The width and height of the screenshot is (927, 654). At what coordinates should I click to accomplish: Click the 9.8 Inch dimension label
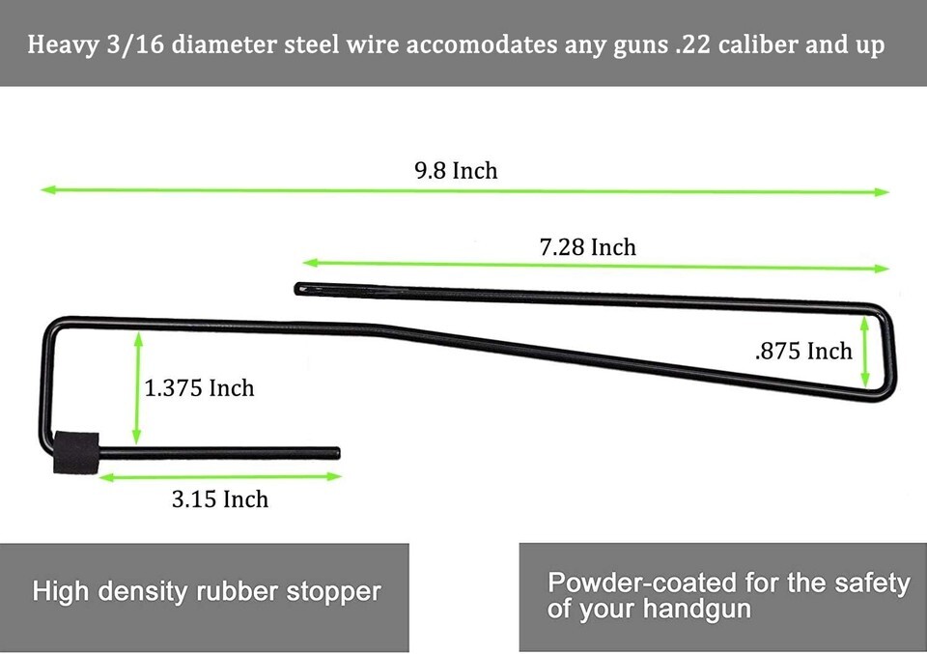(456, 171)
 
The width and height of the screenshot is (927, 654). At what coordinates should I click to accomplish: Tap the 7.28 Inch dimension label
(587, 247)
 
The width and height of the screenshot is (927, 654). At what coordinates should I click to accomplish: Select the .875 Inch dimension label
(802, 351)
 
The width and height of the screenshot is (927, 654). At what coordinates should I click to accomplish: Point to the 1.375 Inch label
(199, 388)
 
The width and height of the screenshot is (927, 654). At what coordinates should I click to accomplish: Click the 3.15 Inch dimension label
(220, 499)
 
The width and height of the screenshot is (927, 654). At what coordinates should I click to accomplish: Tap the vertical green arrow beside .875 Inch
(865, 352)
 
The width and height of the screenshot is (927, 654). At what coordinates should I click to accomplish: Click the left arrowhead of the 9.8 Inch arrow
(45, 190)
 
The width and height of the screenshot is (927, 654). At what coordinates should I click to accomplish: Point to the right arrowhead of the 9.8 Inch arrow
(884, 192)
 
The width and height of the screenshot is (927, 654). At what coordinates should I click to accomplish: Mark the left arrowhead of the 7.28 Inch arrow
(308, 262)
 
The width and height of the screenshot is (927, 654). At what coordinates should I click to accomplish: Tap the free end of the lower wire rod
(336, 451)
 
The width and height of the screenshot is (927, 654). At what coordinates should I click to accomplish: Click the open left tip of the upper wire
(298, 287)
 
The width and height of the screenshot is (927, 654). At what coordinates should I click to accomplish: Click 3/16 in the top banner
(136, 45)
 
